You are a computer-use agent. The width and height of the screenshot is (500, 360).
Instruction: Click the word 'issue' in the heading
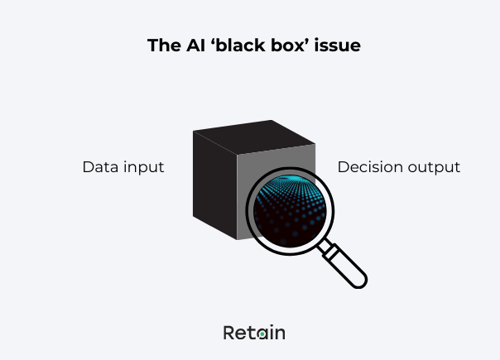click(x=339, y=46)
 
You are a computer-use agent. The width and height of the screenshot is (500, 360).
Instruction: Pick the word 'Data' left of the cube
click(x=99, y=166)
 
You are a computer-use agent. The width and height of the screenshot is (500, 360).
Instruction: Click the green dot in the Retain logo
click(x=262, y=334)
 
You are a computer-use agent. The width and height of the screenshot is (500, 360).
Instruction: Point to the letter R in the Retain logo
click(x=230, y=333)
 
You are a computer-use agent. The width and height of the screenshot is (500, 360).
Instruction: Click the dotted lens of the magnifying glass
click(x=285, y=210)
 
